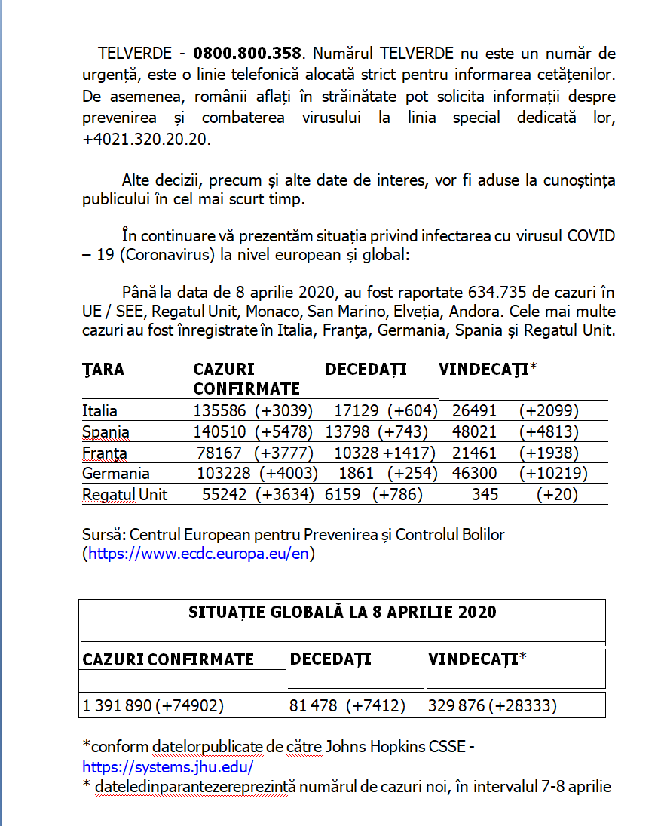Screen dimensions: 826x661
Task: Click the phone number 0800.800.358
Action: click(x=247, y=54)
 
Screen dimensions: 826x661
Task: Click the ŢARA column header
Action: click(x=103, y=369)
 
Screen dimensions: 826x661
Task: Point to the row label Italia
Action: click(x=100, y=411)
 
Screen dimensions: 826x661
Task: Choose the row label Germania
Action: click(x=116, y=474)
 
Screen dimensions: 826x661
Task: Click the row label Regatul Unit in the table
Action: click(x=125, y=495)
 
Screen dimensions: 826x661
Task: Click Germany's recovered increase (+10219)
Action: click(x=553, y=474)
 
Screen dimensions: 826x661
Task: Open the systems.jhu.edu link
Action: click(x=168, y=767)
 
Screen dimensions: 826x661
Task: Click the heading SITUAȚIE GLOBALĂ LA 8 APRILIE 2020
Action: click(x=342, y=612)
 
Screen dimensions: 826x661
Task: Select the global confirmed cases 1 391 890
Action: click(x=117, y=706)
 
